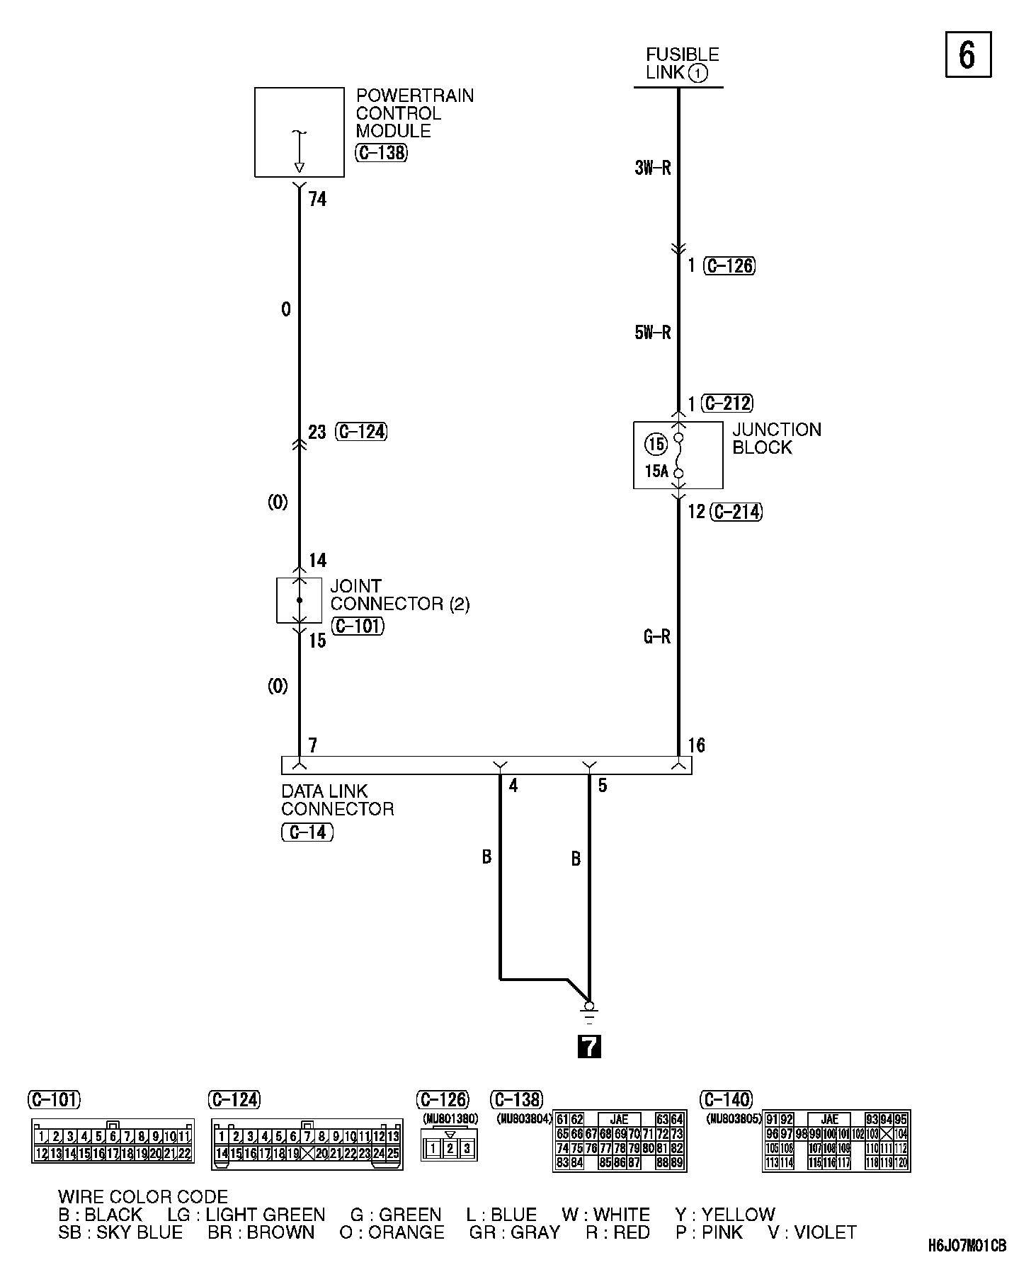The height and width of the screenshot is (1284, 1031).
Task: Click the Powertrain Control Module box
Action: [299, 132]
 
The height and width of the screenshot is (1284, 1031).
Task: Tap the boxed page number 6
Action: [968, 55]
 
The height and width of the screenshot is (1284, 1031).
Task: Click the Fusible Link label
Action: [681, 64]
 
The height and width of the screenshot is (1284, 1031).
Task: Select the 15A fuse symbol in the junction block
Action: [678, 455]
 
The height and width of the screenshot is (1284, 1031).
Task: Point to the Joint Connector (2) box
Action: [299, 600]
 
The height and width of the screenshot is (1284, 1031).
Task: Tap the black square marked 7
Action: [589, 1046]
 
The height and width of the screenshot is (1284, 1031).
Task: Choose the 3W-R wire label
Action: [652, 168]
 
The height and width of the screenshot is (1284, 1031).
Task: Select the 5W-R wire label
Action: [652, 333]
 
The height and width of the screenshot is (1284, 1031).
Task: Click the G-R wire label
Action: [656, 637]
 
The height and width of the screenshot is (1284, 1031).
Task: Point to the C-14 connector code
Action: [307, 832]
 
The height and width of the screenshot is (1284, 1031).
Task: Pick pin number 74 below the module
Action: [317, 200]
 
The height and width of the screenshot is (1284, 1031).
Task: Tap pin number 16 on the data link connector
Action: [697, 745]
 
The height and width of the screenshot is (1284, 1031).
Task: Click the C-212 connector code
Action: [727, 403]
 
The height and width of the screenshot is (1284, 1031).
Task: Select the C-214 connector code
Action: [737, 512]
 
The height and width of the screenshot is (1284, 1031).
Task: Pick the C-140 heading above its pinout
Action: [727, 1099]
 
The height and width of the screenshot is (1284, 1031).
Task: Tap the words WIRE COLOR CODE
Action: [143, 1197]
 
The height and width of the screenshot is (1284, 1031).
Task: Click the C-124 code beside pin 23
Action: [362, 432]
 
